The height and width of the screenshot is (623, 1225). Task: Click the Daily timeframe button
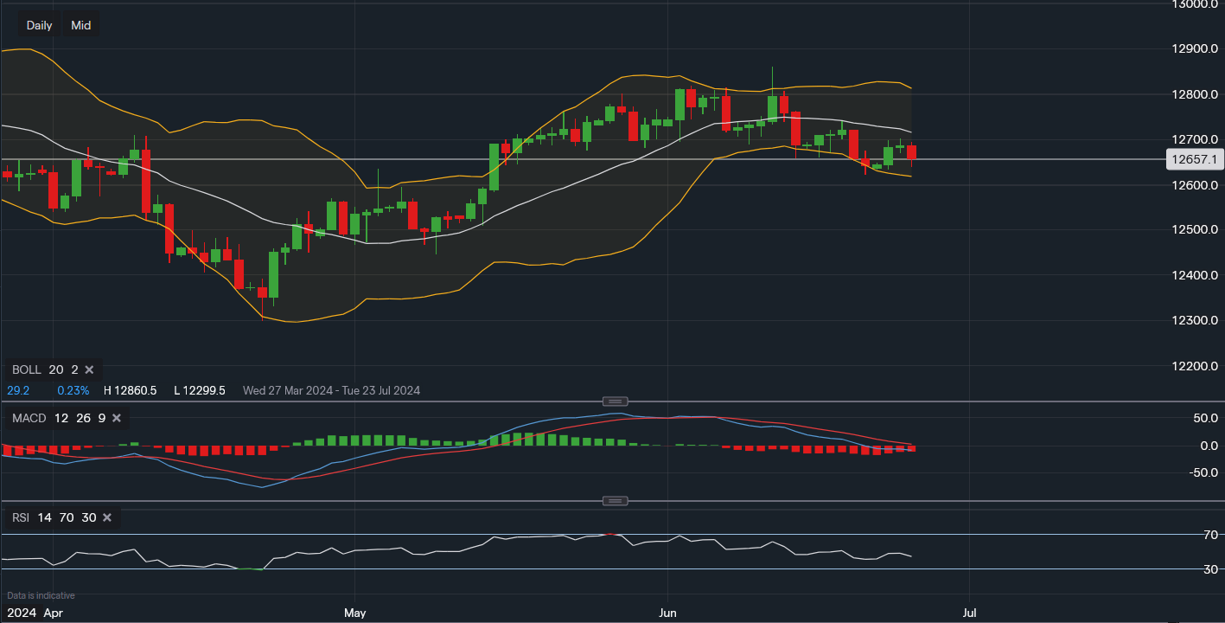click(39, 25)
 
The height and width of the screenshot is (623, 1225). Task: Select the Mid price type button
click(81, 25)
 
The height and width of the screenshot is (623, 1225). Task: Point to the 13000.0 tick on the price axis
click(1194, 4)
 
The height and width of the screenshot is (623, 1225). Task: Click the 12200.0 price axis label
click(1194, 366)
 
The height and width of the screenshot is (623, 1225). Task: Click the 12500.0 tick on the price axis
click(1194, 230)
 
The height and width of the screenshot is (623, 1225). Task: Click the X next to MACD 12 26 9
click(117, 419)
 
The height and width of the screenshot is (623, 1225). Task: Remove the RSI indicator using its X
click(107, 517)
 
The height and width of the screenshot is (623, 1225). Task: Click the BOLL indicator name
click(26, 369)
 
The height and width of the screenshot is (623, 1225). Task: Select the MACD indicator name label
click(29, 419)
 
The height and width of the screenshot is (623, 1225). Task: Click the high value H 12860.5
click(130, 390)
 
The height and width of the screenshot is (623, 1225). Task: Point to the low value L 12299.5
click(200, 390)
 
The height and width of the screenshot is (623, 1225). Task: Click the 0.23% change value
click(73, 390)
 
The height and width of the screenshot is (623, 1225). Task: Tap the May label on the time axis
click(354, 613)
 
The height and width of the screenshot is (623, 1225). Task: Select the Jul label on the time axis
click(970, 613)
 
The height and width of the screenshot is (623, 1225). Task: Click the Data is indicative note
click(41, 595)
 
